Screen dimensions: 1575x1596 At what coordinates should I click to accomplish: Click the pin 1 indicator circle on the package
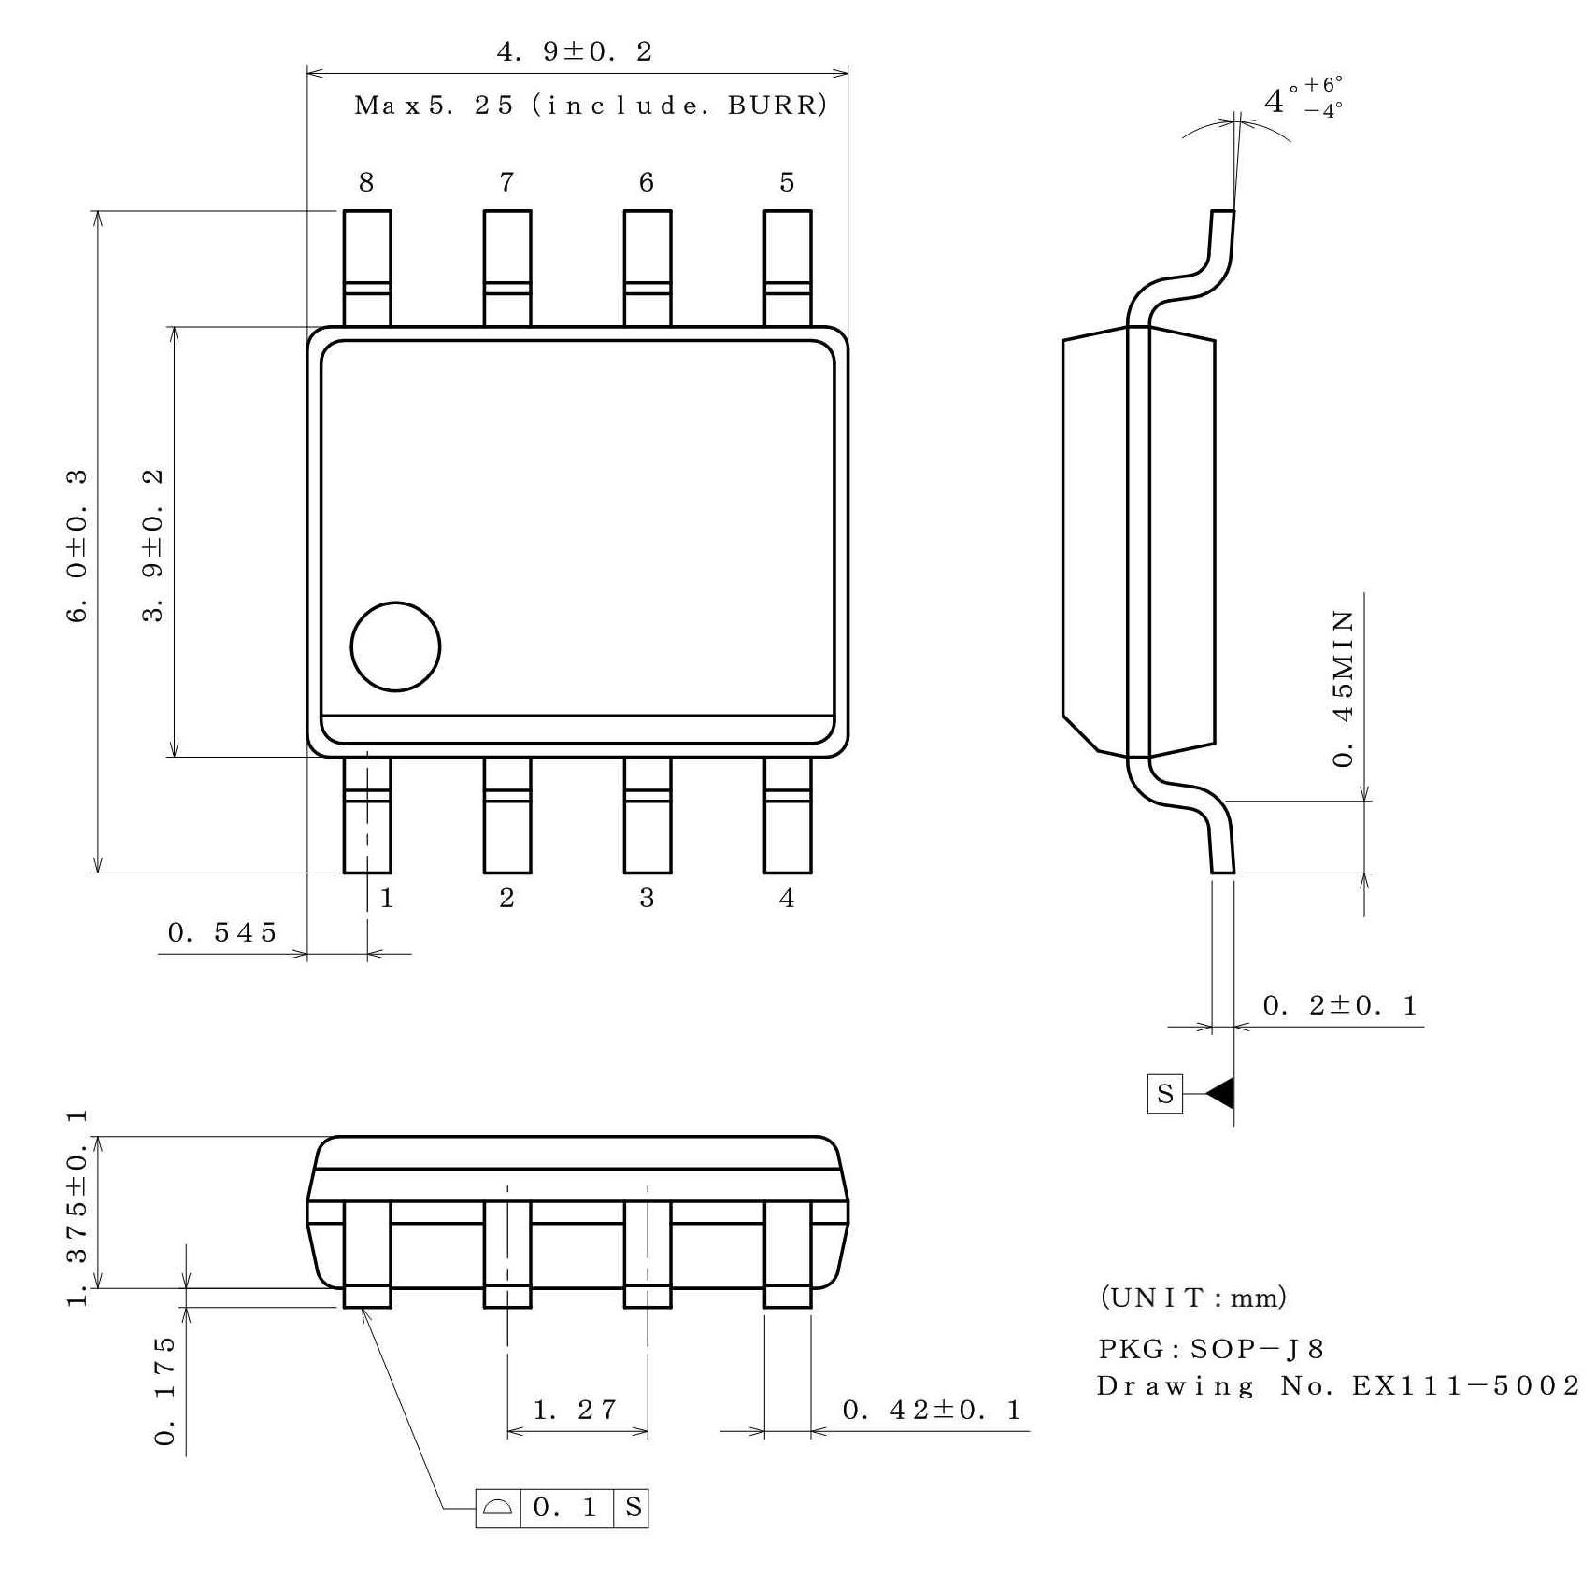(395, 646)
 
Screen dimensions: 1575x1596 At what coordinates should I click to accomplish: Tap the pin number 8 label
(366, 182)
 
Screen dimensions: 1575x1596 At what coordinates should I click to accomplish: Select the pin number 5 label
(787, 182)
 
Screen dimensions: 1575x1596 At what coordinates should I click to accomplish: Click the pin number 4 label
(787, 898)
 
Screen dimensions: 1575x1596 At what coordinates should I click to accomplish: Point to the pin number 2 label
(506, 898)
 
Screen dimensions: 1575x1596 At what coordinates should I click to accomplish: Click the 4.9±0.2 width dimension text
(574, 51)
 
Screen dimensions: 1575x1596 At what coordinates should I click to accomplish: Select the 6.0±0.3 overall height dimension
(78, 546)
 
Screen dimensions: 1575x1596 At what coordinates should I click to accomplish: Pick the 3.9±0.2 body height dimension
(153, 546)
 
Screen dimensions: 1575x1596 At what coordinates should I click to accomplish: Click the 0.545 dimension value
(222, 932)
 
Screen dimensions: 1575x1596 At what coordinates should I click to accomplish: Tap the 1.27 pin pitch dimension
(576, 1410)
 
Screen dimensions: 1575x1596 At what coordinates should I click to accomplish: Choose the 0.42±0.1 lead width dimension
(932, 1410)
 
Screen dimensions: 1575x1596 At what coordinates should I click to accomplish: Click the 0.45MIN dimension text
(1342, 688)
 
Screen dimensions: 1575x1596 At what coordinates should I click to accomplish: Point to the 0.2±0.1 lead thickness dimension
(1340, 1006)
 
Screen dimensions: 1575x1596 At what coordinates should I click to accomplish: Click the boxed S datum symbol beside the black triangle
(1164, 1094)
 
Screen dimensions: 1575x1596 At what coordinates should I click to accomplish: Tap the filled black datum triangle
(1220, 1093)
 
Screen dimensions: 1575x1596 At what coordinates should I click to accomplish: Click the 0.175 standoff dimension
(164, 1390)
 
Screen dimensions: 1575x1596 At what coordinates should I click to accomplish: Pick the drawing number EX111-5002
(1465, 1385)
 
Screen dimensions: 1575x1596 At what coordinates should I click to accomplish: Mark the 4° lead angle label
(1275, 101)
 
